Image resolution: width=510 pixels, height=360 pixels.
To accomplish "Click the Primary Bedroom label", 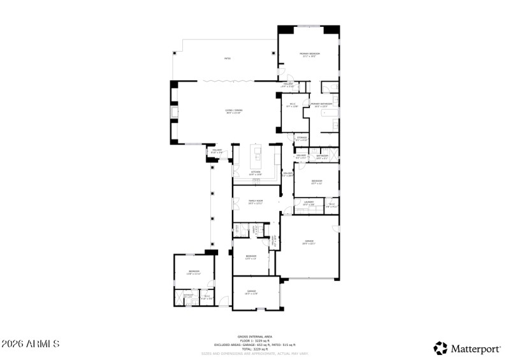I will [309, 55].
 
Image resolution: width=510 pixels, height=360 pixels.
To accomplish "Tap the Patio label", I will [227, 59].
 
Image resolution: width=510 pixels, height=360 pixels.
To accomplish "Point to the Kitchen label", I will [256, 173].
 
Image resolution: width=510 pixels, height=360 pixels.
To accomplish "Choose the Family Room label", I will [256, 202].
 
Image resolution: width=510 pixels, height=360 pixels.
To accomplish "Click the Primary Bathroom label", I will [319, 104].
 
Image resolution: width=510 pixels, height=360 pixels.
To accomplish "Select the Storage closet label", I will [302, 138].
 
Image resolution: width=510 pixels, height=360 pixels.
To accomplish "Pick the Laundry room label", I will [309, 204].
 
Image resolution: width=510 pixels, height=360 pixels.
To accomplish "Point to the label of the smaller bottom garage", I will [252, 292].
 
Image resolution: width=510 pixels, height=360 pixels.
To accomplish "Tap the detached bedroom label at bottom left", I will [194, 273].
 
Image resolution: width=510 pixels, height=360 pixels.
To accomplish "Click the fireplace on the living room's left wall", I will [174, 113].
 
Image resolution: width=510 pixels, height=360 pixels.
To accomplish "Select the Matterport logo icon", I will [441, 348].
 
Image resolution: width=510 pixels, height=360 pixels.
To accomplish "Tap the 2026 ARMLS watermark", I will [31, 344].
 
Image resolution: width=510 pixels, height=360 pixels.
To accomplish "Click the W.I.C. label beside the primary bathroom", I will [293, 105].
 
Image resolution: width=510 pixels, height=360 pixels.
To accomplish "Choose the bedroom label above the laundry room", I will [316, 182].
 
